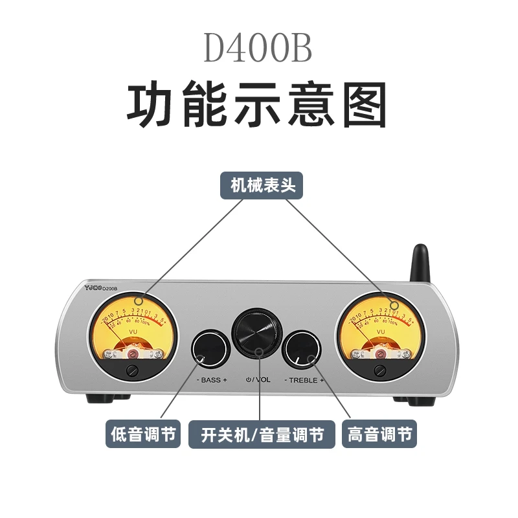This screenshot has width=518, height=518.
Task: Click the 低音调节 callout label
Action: point(144,434)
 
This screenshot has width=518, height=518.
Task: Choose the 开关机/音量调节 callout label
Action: point(262,434)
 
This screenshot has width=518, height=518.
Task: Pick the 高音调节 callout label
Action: point(379,434)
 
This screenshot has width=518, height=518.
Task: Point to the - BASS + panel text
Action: point(211,380)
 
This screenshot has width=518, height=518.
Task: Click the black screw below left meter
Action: point(133,370)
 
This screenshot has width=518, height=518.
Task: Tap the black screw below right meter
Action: point(381,370)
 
